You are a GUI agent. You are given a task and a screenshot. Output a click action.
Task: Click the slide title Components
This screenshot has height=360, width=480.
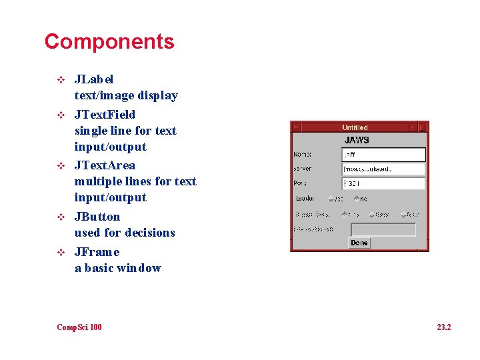[109, 41]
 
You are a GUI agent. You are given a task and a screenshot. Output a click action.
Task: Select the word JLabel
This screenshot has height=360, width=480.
[94, 79]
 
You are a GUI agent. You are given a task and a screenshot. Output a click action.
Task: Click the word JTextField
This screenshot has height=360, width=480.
[105, 115]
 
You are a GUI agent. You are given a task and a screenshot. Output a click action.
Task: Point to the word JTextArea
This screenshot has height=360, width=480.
[105, 165]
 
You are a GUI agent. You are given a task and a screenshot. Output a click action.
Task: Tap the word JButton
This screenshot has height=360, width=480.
[97, 217]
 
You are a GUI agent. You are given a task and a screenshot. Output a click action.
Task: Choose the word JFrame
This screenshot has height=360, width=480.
[97, 252]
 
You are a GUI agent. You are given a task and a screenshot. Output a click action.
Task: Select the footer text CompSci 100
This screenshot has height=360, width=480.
[79, 327]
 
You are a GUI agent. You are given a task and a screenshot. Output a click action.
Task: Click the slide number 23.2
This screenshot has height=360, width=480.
[444, 327]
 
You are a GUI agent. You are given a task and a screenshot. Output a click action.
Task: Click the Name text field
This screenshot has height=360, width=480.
[383, 155]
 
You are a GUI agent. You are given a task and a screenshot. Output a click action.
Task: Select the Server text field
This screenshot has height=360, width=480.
[383, 169]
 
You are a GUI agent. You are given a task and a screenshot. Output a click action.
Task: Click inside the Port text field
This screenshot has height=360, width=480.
[383, 183]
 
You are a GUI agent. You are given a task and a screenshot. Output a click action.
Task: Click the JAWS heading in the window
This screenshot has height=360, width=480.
[357, 141]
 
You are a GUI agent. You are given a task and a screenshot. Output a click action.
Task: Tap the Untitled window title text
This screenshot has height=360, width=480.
[355, 127]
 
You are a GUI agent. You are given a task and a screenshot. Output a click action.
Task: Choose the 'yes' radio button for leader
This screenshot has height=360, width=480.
[331, 199]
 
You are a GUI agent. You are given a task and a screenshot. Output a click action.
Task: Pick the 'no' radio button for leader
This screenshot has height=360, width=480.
[357, 199]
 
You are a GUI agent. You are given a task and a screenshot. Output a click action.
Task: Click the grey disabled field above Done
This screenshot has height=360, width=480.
[383, 229]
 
